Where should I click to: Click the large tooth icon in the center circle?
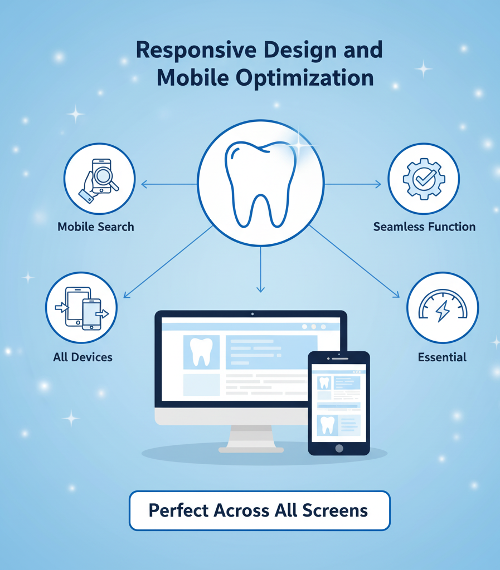260,183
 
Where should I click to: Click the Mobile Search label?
96,227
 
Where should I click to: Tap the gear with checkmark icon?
424,179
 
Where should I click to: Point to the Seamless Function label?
424,227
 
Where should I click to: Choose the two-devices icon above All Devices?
81,307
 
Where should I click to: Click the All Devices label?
82,357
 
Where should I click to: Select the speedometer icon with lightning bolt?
443,307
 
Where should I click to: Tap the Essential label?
443,357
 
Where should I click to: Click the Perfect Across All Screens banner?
259,510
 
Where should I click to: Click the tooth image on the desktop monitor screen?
201,352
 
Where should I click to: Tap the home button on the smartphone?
338,448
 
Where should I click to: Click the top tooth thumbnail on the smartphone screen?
324,382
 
